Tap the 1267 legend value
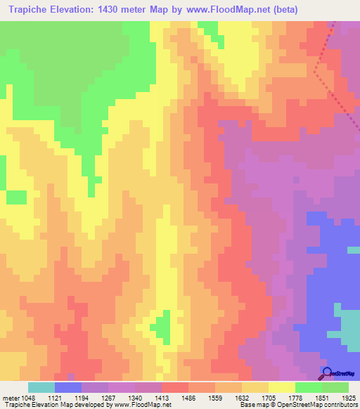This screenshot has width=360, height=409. (x=107, y=397)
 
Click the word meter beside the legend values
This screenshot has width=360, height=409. (x=11, y=397)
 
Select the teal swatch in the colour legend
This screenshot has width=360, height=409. (x=41, y=387)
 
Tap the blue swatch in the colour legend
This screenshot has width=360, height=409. (x=68, y=387)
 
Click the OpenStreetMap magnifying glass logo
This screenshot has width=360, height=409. (x=327, y=373)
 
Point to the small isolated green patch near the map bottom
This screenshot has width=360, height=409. (x=162, y=326)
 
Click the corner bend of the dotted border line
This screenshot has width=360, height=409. (x=316, y=71)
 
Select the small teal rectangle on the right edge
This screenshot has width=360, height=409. (x=354, y=249)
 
